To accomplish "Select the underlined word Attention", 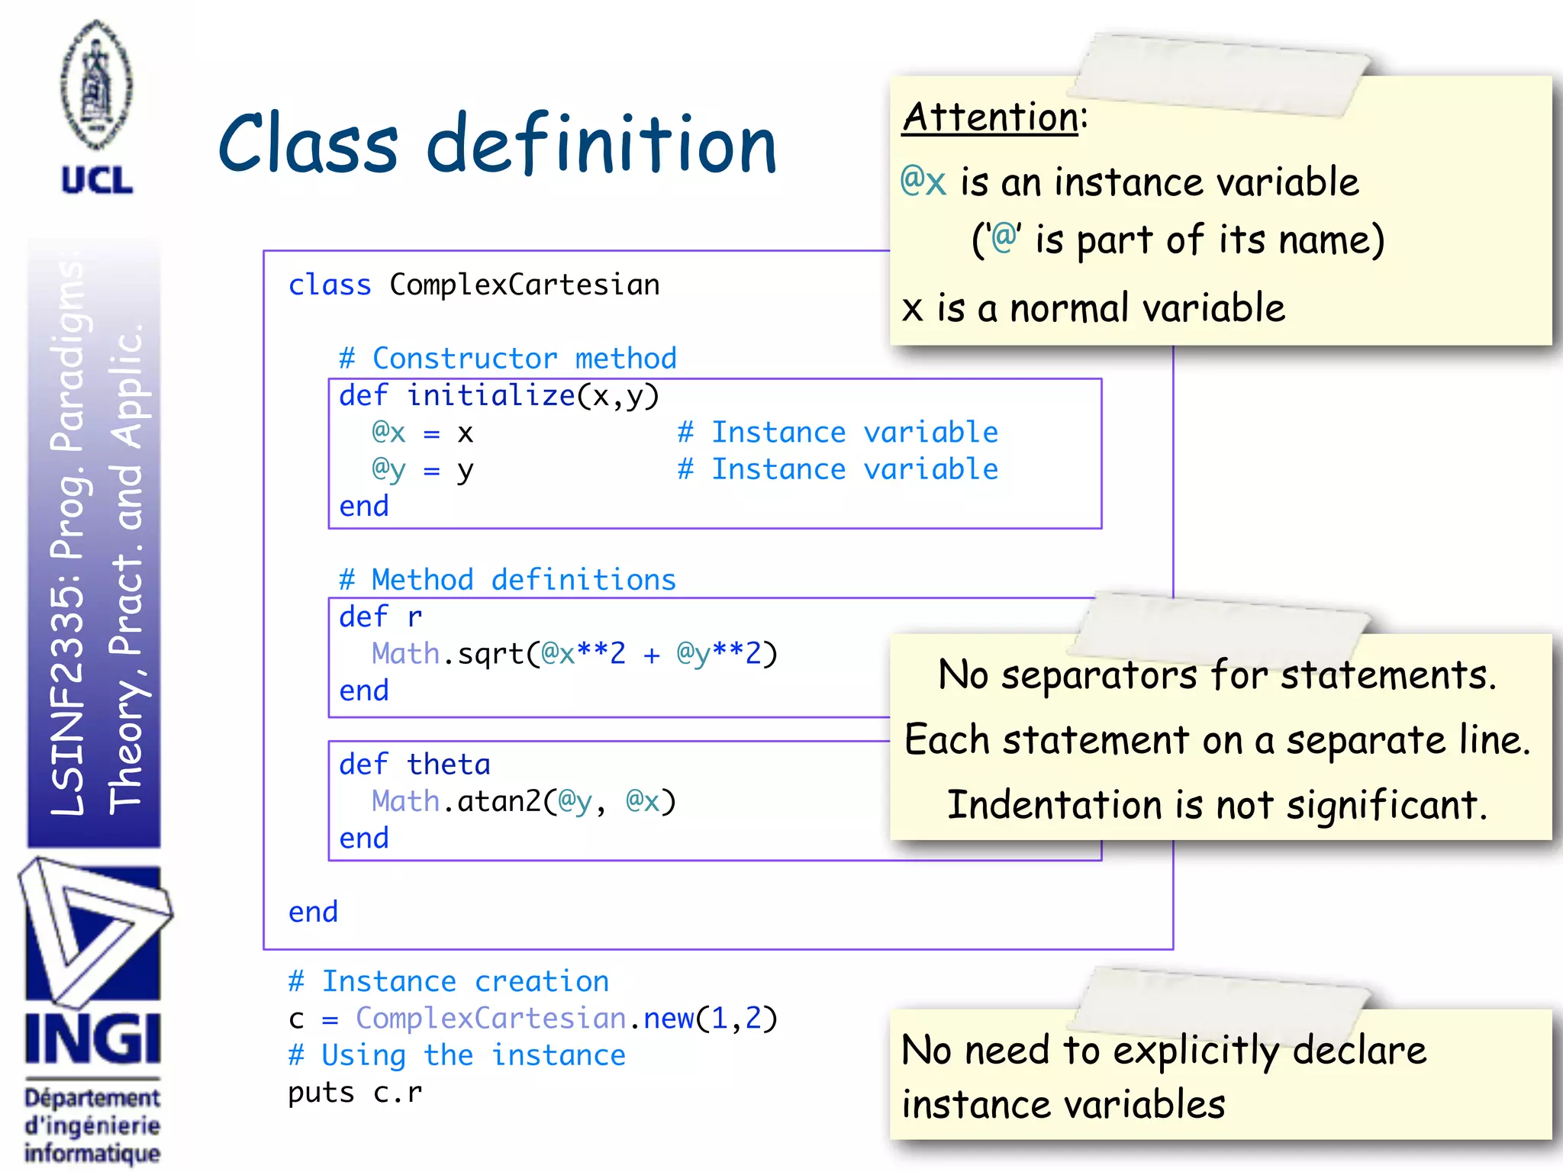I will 990,118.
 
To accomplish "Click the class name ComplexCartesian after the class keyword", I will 524,285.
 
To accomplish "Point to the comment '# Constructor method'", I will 508,358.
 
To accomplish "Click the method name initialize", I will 490,395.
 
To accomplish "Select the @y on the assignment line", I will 388,468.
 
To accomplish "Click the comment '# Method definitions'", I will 508,579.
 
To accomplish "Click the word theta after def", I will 448,764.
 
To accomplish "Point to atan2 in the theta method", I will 498,801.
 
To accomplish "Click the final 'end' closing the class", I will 313,912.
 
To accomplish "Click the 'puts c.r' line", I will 355,1092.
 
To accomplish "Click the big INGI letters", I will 92,1038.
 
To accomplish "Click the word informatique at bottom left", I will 92,1152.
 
